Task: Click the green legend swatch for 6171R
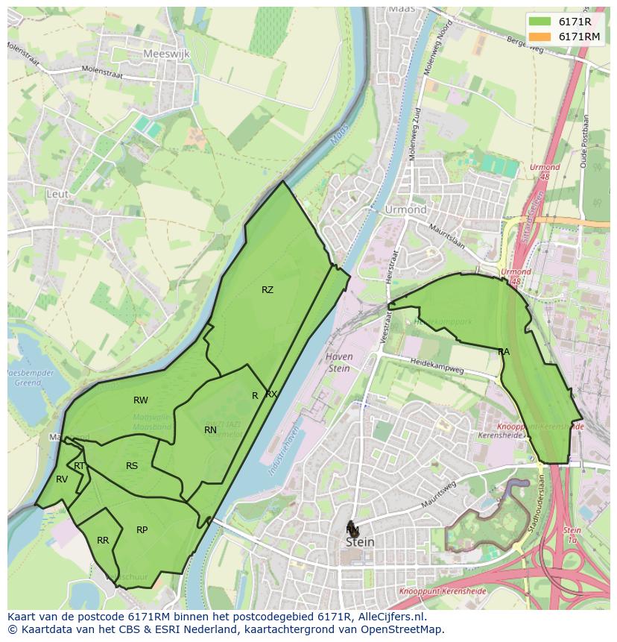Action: click(541, 22)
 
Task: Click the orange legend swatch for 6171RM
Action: click(541, 37)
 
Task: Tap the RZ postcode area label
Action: click(268, 290)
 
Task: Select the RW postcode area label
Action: click(140, 400)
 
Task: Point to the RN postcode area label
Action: click(210, 429)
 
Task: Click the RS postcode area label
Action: click(132, 466)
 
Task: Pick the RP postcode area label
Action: click(142, 530)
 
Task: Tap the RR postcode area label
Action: click(103, 541)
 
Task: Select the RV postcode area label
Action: click(62, 479)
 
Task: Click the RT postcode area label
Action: click(79, 466)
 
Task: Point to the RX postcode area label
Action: click(271, 394)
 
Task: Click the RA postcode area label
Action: click(504, 351)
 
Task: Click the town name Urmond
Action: click(406, 210)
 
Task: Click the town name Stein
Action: click(360, 542)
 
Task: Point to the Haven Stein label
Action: click(339, 362)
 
